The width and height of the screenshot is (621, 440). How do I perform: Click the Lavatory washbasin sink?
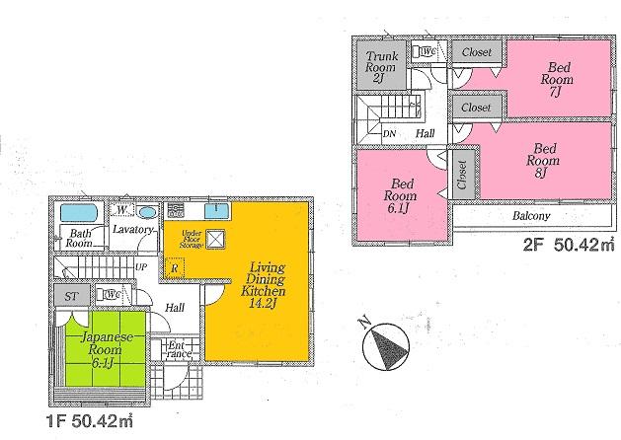[x=146, y=212]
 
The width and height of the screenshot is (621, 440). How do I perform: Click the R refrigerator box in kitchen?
[x=174, y=266]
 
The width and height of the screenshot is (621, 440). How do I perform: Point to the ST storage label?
[x=72, y=295]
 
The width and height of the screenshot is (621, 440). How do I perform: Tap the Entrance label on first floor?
[x=179, y=349]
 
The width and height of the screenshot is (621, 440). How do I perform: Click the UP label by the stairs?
[x=140, y=267]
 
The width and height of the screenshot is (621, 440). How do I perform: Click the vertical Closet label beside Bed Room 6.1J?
[x=461, y=175]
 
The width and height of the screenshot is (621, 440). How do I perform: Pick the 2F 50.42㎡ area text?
[x=563, y=243]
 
